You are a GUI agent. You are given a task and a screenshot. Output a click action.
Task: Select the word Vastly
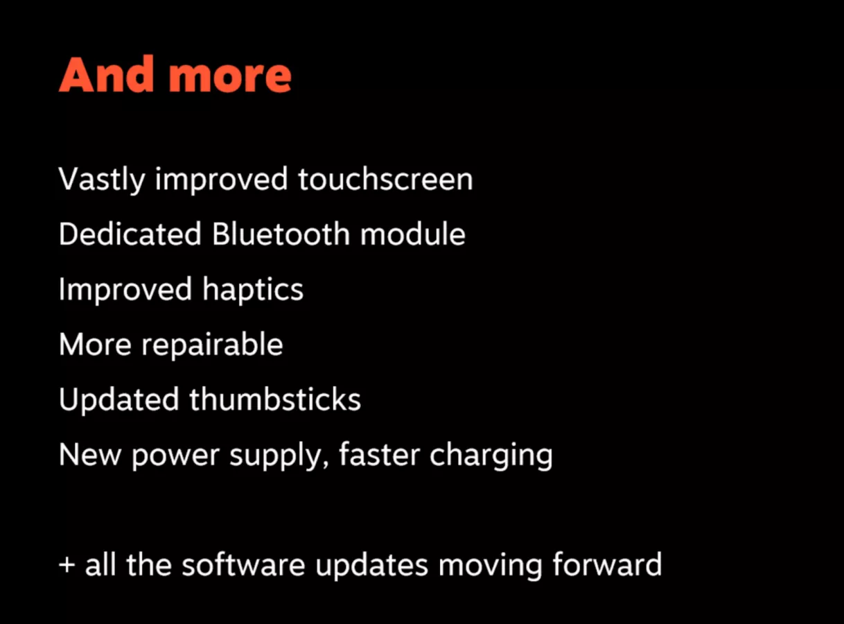(102, 180)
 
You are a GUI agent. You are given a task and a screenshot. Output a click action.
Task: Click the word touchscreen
(385, 180)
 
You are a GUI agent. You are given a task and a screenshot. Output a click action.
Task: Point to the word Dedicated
(130, 234)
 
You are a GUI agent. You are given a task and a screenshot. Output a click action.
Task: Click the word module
(413, 234)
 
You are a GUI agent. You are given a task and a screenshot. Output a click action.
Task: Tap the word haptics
(253, 290)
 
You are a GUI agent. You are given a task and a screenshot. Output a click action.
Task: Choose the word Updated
(118, 400)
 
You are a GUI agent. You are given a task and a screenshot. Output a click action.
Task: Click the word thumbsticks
(275, 400)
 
